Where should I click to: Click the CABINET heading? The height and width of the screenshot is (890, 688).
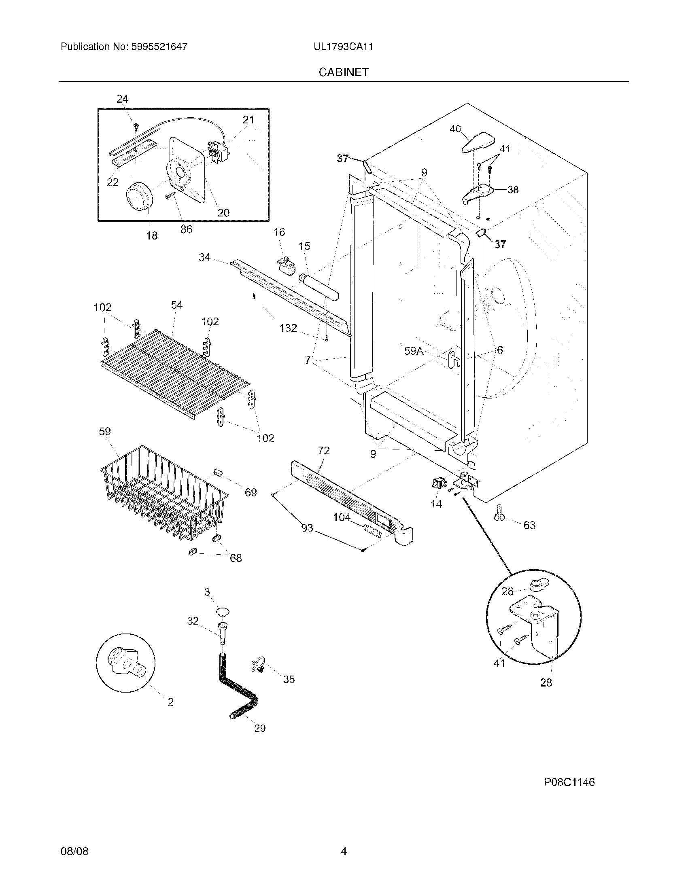pyautogui.click(x=343, y=72)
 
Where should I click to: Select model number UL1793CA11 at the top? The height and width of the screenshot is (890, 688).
pyautogui.click(x=343, y=47)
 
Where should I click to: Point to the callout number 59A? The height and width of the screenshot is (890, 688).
pyautogui.click(x=414, y=351)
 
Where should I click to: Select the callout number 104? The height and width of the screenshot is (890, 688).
pyautogui.click(x=342, y=517)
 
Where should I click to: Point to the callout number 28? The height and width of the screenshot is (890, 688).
pyautogui.click(x=546, y=682)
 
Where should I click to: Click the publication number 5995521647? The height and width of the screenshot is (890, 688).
pyautogui.click(x=159, y=47)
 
